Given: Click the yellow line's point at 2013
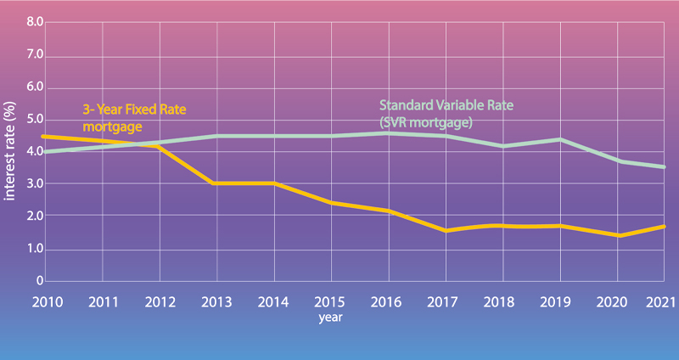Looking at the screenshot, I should click(x=216, y=183).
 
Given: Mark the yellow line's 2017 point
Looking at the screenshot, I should click(x=445, y=230).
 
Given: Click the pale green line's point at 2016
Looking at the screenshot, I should click(x=388, y=133).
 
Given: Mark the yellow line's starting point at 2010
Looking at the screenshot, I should click(x=43, y=136).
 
